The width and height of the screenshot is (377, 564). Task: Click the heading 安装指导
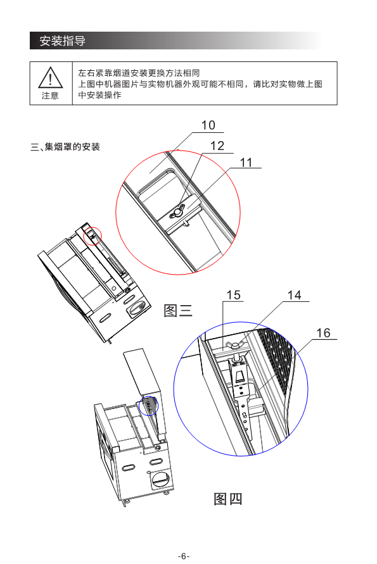63,41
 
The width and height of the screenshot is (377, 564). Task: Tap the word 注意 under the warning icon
50,96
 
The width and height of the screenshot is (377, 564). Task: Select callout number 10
208,125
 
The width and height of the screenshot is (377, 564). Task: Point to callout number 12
217,146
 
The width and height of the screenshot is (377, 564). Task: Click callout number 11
246,162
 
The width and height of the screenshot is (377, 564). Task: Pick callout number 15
233,296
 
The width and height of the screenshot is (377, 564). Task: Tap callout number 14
294,296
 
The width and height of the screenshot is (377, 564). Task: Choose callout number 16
323,333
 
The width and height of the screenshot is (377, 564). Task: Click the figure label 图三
178,310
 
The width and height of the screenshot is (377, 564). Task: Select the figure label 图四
228,499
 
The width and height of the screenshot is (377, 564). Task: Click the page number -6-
184,556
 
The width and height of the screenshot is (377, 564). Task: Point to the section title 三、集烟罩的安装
65,147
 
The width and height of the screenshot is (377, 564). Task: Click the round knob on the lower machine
160,479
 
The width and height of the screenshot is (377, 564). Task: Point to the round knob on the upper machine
136,308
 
